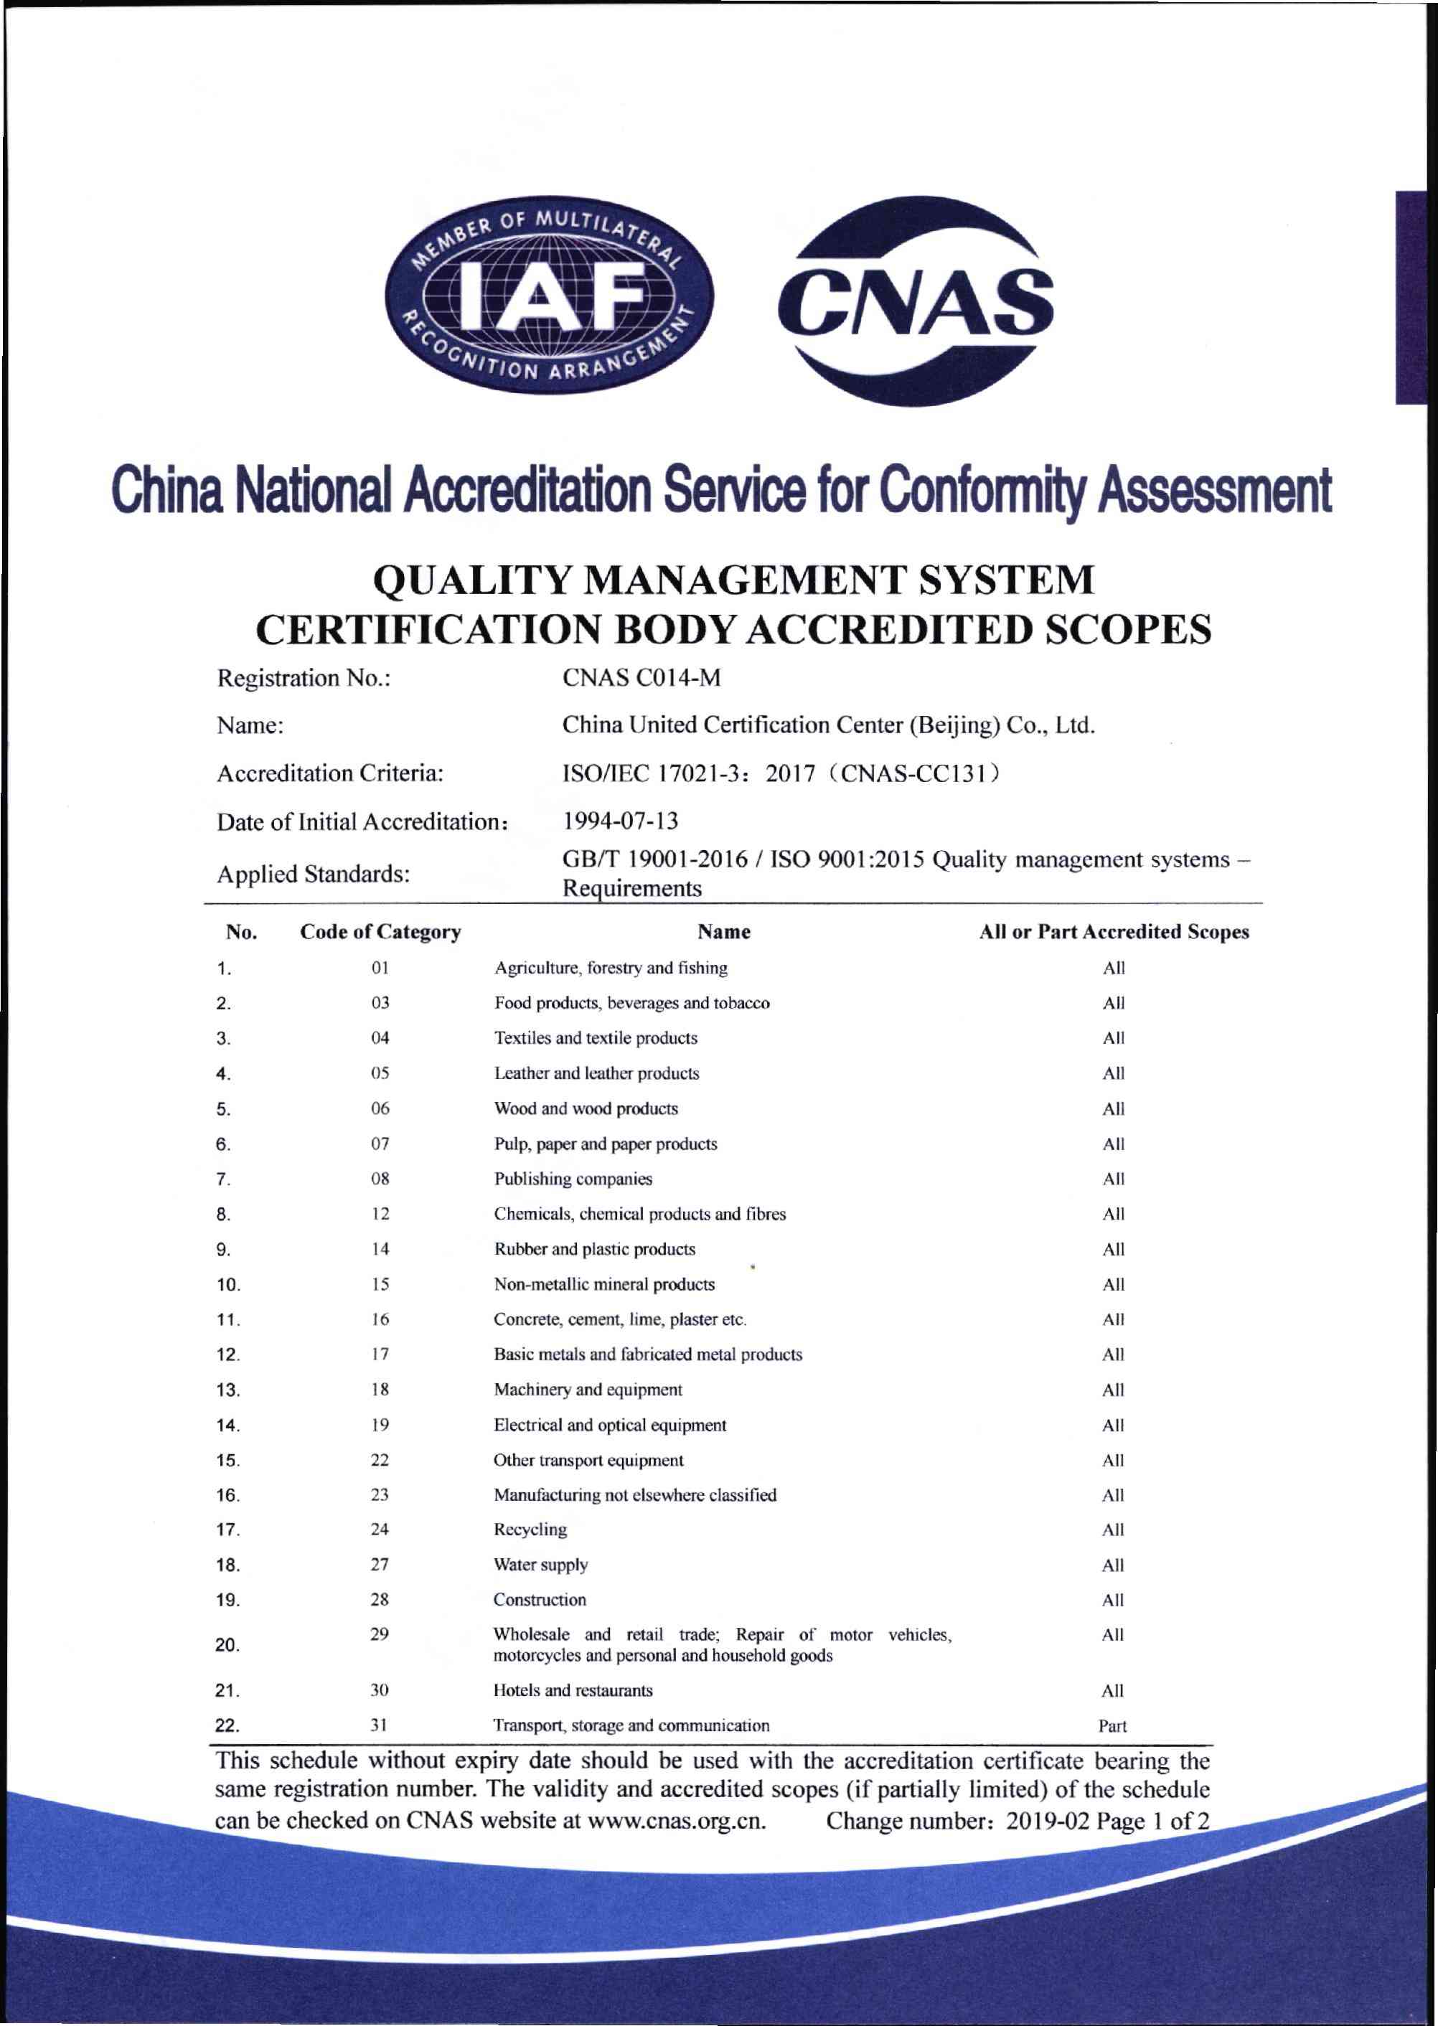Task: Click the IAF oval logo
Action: [x=549, y=294]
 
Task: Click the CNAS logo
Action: [x=915, y=301]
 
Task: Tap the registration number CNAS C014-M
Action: [x=642, y=678]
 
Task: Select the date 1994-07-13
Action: [x=621, y=821]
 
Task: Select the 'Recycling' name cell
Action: [x=530, y=1530]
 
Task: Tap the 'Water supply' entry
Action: [x=540, y=1564]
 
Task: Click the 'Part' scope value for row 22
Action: [x=1112, y=1725]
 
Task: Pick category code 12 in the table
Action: [x=380, y=1213]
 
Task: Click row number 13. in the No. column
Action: [x=227, y=1390]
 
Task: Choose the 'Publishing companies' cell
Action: [x=573, y=1178]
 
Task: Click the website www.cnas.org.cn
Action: [x=677, y=1820]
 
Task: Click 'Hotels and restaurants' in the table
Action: [x=573, y=1690]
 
